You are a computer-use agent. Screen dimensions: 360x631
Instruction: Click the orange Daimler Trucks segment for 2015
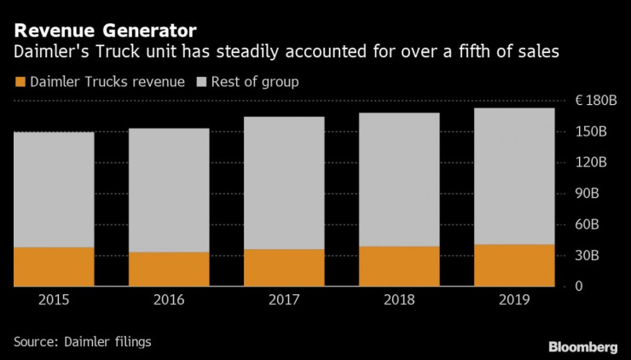pyautogui.click(x=54, y=266)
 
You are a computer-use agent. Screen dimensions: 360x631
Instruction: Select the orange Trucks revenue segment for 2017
pyautogui.click(x=284, y=267)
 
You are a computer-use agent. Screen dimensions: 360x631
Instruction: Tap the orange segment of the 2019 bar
pyautogui.click(x=514, y=264)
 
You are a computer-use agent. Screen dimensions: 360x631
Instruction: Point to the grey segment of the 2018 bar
pyautogui.click(x=399, y=179)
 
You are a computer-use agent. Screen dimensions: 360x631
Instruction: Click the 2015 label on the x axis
pyautogui.click(x=54, y=299)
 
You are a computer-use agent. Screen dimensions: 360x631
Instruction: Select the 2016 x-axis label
pyautogui.click(x=169, y=299)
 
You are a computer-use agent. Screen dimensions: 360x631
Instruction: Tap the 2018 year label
pyautogui.click(x=399, y=299)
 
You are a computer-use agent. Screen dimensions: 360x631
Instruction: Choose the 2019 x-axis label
pyautogui.click(x=514, y=299)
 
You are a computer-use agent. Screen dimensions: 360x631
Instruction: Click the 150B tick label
pyautogui.click(x=591, y=131)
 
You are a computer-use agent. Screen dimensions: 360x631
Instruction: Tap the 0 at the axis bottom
pyautogui.click(x=578, y=287)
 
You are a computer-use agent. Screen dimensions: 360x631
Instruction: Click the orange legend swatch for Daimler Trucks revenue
pyautogui.click(x=20, y=82)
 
